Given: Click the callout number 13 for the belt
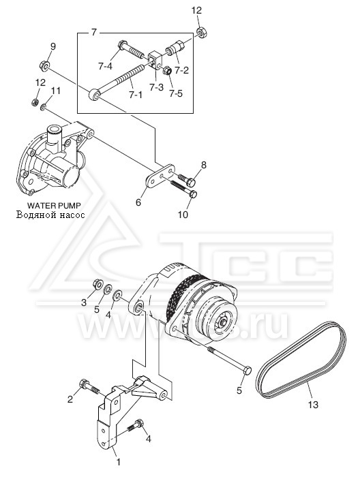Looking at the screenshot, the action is point(313,405).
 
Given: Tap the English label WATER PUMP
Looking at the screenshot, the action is point(54,205).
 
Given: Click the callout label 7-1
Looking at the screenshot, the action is point(136,95).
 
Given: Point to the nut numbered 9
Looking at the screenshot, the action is point(44,65).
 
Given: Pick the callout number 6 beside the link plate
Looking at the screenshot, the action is point(138,202).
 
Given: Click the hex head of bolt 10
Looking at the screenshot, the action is point(193,194).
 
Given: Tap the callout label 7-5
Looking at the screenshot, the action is point(175,93).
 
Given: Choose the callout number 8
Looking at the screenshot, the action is point(204,166).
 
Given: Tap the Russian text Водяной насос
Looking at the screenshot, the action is point(50,215).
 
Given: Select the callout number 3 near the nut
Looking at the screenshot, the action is point(84,303).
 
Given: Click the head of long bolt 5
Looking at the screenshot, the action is point(247,370).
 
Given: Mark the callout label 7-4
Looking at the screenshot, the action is point(105,66).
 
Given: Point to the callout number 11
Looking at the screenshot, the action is point(55,91).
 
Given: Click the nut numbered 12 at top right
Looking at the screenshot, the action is point(201,32).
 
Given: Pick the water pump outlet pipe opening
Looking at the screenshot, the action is point(55,127).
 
